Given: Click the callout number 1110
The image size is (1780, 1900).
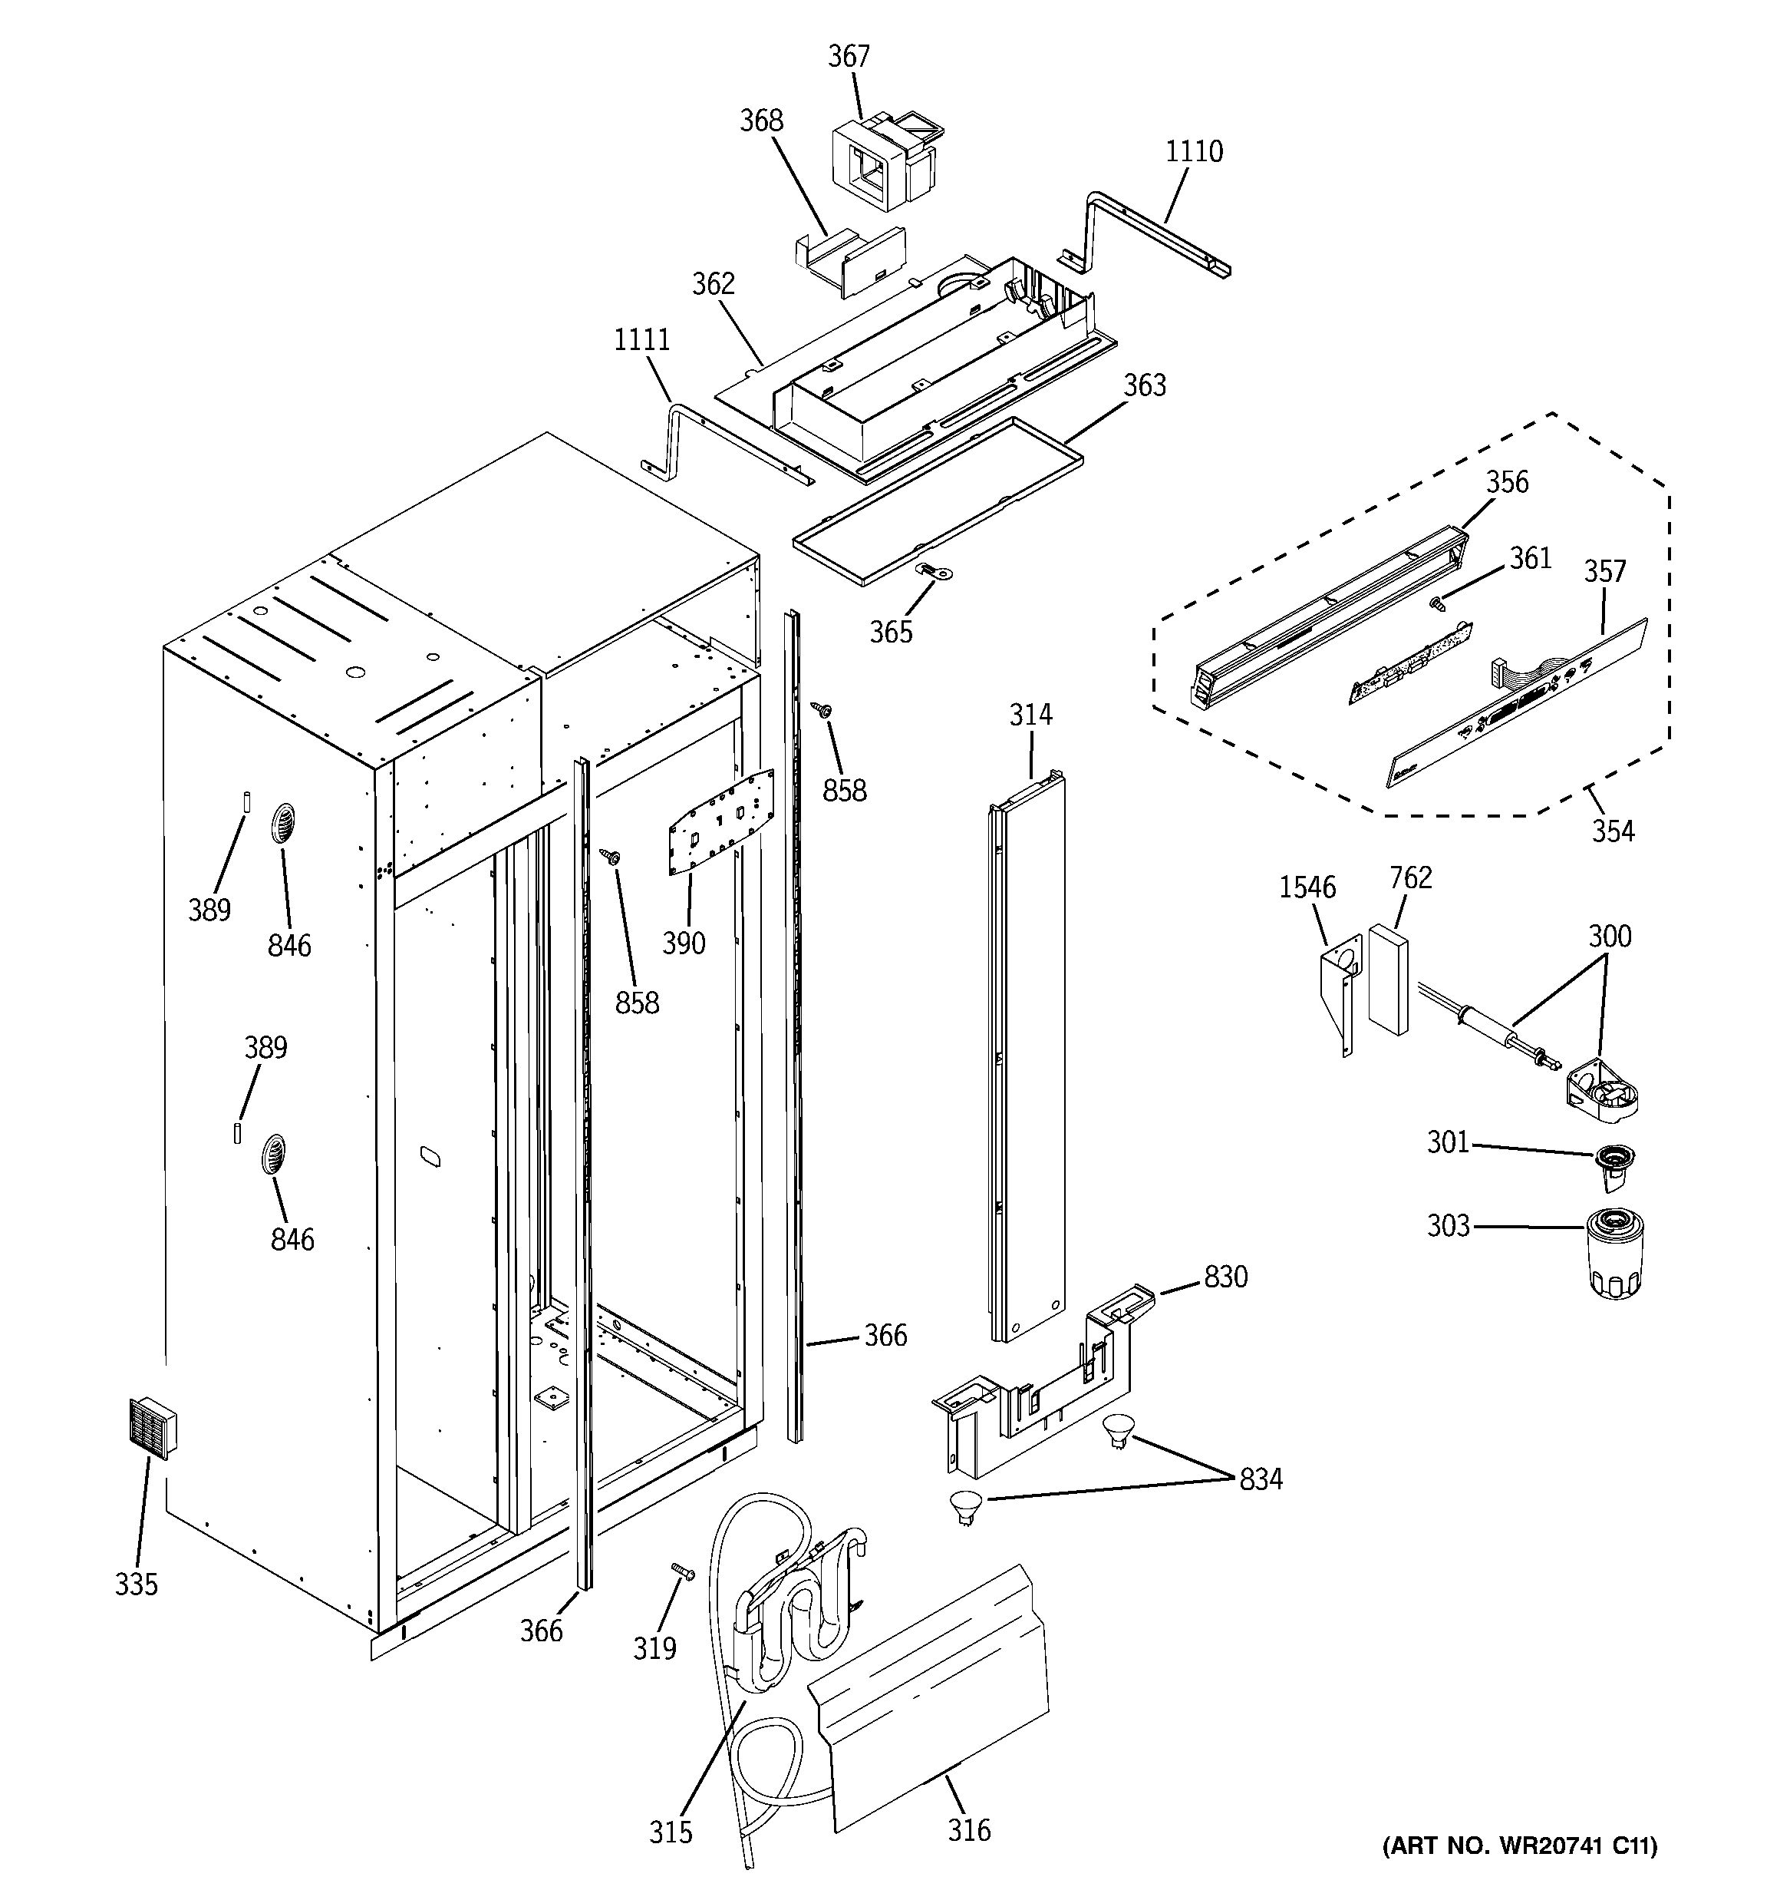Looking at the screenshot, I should [x=1193, y=151].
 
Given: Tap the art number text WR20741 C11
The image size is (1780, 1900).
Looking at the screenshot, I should [x=1519, y=1872].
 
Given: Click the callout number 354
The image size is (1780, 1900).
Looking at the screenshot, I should [x=1612, y=831].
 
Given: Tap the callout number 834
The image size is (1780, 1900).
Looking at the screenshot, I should [x=1261, y=1479].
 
